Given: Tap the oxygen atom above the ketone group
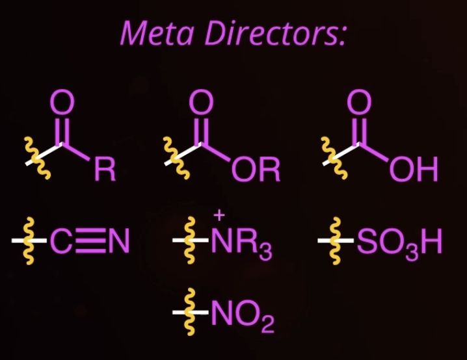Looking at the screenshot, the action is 63,104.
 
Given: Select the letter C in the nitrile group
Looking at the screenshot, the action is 61,244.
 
